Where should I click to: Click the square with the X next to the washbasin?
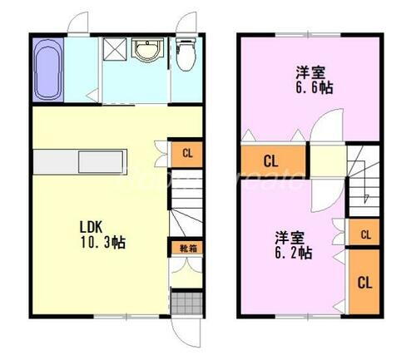click(x=113, y=51)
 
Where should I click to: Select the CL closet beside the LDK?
click(x=187, y=153)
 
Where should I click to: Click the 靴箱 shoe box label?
click(x=188, y=247)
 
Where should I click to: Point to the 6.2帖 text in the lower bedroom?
click(x=295, y=252)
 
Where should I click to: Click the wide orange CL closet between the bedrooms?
click(x=270, y=160)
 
